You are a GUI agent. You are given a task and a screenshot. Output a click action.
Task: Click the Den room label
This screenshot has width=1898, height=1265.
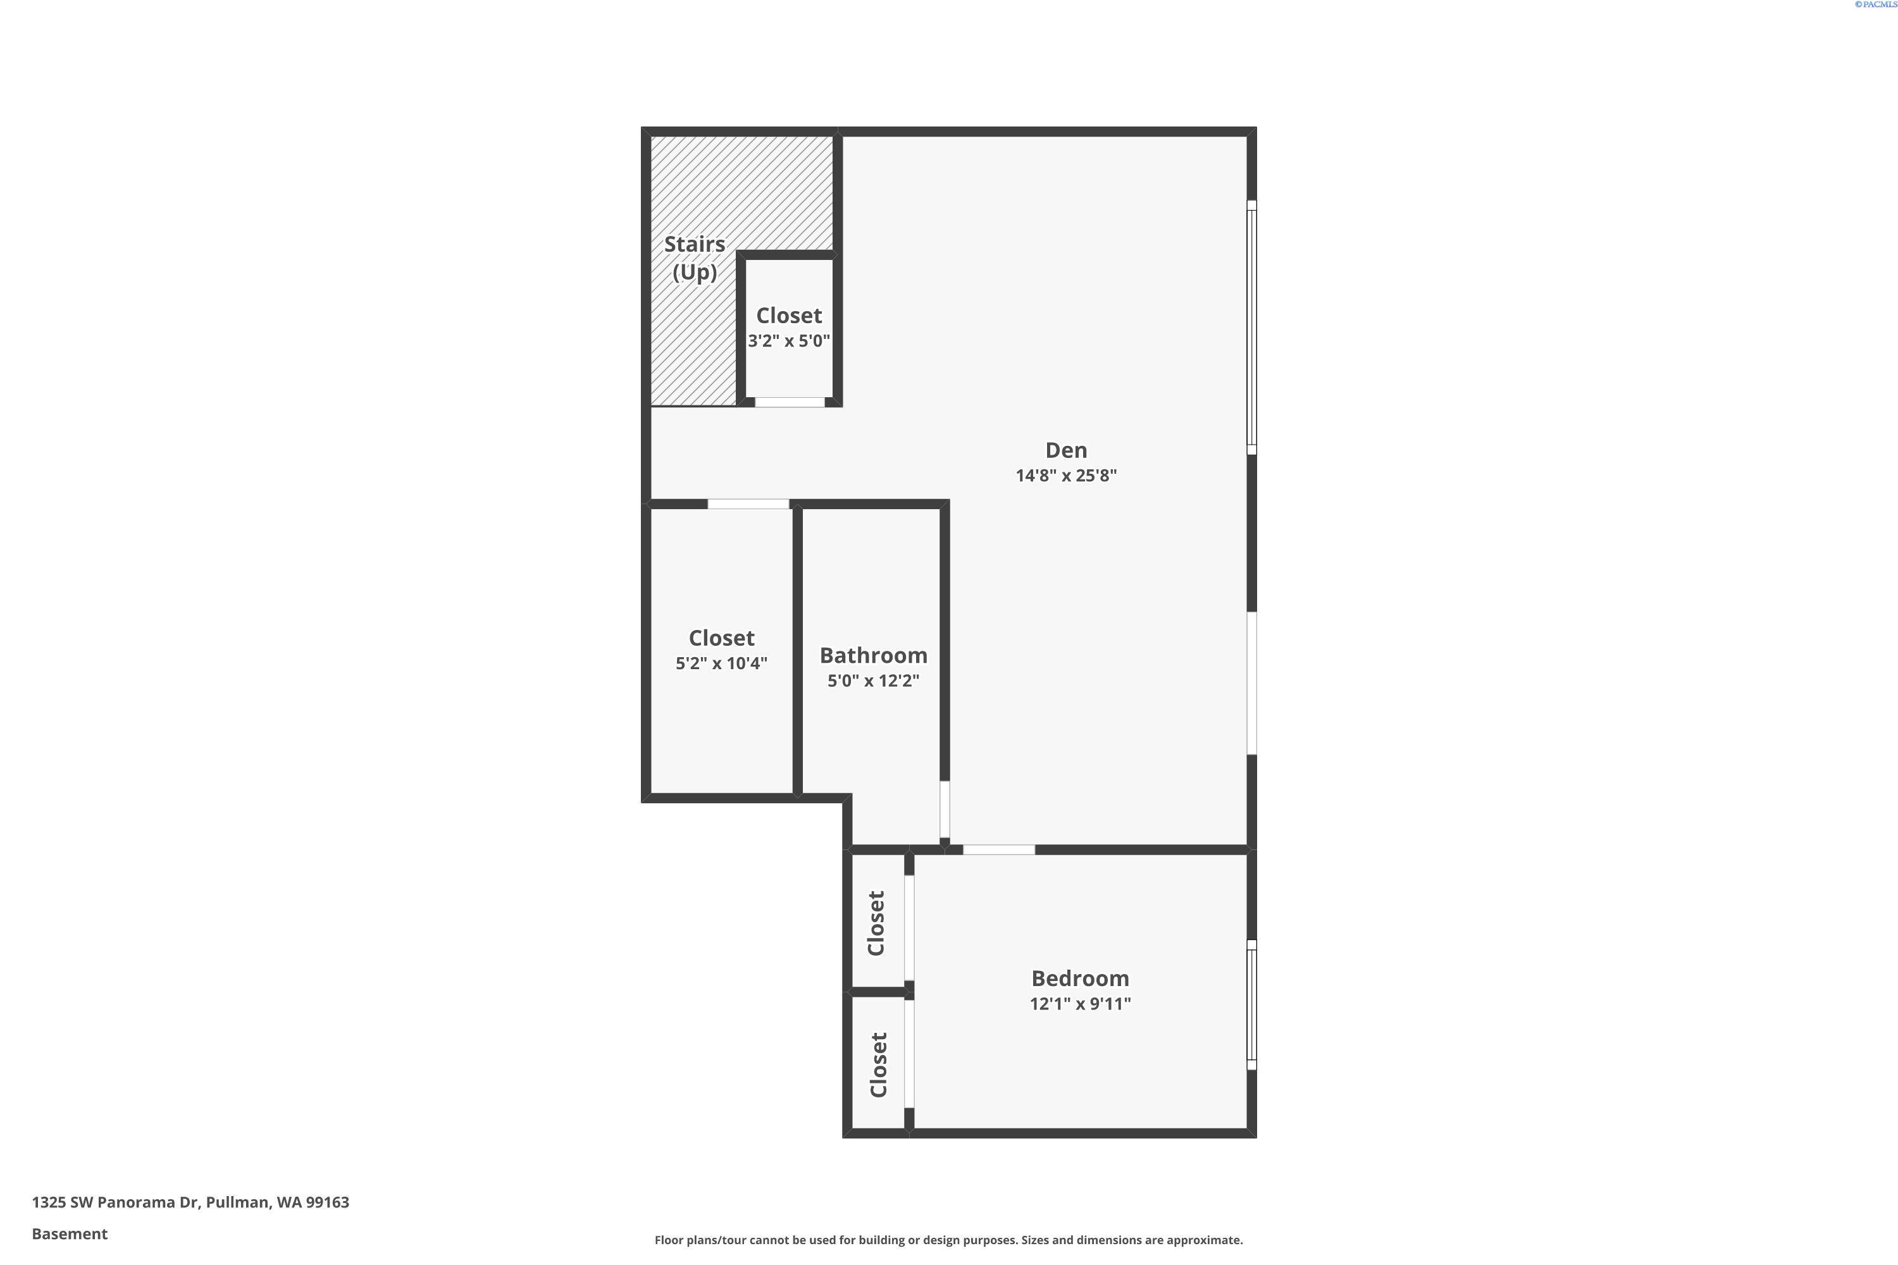1066,450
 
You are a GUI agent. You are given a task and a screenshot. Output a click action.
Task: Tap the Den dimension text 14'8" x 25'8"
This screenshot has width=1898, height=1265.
1066,475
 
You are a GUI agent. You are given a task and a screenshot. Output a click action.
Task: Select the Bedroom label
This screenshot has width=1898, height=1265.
1080,978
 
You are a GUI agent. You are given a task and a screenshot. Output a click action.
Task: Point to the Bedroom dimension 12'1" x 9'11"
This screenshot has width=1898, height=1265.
1080,1004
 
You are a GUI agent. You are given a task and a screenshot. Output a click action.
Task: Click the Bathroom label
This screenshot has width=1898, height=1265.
873,655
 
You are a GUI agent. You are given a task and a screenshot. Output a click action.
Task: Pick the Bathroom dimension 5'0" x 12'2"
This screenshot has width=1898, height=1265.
873,680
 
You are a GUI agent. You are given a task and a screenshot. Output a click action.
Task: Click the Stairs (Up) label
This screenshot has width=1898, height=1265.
694,258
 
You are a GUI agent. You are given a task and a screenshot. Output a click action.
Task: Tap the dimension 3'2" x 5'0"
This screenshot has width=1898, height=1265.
788,340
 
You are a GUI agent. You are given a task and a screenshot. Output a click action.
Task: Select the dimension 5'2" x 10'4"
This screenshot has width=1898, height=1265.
721,663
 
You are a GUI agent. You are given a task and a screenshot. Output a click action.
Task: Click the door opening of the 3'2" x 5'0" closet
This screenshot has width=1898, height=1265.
789,402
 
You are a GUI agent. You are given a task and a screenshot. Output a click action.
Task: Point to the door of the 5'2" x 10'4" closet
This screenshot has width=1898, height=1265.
748,504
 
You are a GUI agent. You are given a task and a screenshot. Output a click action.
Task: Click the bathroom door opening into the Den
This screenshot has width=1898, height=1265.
944,809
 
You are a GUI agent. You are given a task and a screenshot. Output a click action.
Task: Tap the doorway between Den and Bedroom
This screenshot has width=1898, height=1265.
999,849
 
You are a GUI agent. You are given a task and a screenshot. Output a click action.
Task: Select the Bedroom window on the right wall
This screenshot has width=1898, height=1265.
1251,1004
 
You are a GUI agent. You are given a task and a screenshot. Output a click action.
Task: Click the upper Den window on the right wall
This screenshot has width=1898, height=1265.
1251,327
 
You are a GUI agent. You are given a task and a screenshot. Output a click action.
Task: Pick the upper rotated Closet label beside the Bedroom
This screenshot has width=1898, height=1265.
876,923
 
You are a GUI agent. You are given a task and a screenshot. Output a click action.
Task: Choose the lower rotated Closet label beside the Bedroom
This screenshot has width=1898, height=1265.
879,1065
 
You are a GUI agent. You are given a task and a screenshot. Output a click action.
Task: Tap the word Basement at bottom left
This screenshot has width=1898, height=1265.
70,1233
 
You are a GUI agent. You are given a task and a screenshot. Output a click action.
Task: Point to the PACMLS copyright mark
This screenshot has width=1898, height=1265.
1875,5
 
